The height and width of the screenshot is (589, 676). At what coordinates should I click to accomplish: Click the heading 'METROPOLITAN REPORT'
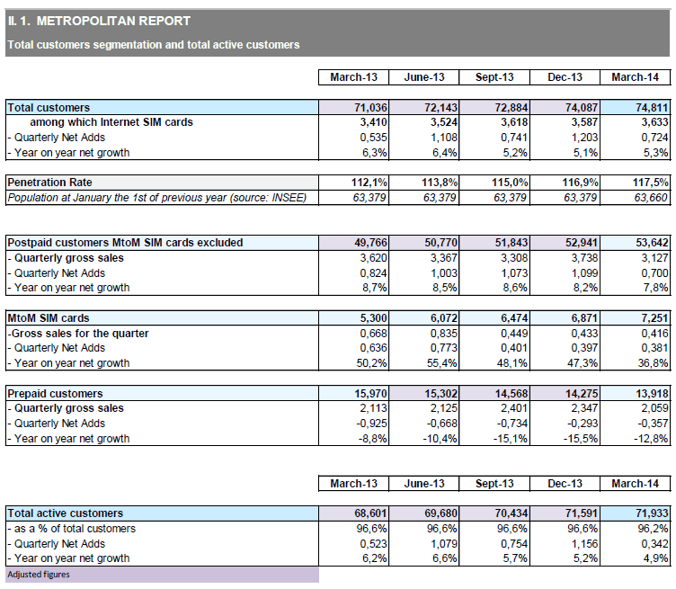pos(113,21)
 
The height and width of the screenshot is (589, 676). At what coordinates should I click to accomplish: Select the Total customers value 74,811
pos(652,107)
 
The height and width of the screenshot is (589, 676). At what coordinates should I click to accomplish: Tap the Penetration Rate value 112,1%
pos(369,183)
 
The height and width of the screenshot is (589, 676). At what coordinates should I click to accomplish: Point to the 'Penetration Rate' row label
pos(50,183)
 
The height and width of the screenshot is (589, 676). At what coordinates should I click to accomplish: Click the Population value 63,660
pos(651,198)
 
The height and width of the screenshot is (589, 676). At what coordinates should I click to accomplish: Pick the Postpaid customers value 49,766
pos(370,242)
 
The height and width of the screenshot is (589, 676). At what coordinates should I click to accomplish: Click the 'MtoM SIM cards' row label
pos(49,317)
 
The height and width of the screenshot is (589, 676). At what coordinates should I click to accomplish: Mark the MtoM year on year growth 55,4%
pos(442,363)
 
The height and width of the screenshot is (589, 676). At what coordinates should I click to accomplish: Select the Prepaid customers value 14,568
pos(511,393)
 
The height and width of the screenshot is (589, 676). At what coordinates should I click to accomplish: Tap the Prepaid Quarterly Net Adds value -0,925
pos(371,424)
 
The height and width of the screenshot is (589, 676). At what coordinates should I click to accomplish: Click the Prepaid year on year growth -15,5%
pos(581,439)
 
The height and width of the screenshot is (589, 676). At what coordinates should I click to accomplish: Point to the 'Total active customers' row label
pos(66,513)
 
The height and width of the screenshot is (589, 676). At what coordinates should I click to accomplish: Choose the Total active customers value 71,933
pos(652,513)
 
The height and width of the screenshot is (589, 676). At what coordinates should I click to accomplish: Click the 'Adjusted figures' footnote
pos(39,575)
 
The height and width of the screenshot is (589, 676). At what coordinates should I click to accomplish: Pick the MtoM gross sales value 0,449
pos(514,334)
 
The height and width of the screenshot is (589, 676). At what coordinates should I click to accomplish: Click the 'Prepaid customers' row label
pos(55,393)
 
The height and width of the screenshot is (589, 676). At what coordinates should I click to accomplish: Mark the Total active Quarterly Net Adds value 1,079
pos(444,544)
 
